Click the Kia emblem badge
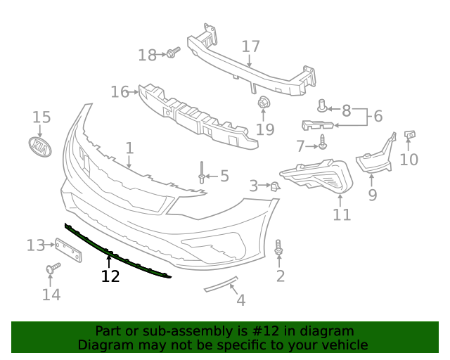(41, 147)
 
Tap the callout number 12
(110, 276)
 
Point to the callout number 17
(251, 46)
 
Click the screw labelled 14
(52, 269)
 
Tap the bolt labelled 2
(280, 247)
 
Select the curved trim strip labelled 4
(221, 284)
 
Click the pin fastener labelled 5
(202, 173)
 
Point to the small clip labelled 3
(276, 186)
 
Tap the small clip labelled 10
(411, 134)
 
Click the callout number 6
(378, 116)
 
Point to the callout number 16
(120, 91)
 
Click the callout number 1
(129, 148)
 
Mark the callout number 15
(41, 117)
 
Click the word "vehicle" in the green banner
(341, 345)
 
